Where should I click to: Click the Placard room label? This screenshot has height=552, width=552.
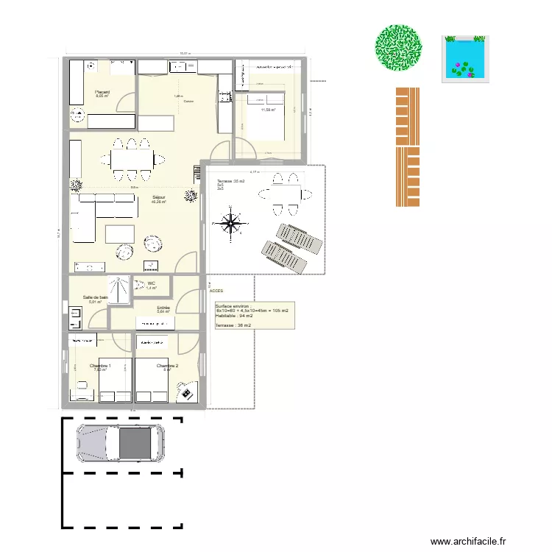(x=102, y=92)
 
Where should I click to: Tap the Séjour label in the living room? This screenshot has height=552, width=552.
(x=158, y=197)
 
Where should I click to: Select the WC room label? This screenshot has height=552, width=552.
(x=151, y=283)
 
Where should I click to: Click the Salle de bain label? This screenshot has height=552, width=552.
(x=96, y=297)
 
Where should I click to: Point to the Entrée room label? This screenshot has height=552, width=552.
(x=163, y=308)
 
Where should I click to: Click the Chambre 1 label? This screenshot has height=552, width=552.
(x=100, y=366)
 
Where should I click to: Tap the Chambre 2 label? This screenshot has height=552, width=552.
(x=167, y=366)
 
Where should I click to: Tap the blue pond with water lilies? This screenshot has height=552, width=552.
(x=464, y=58)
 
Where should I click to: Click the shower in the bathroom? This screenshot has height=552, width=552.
(x=118, y=289)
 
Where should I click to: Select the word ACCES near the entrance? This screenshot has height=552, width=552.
(x=216, y=291)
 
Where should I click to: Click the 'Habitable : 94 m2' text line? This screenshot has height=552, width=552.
(x=234, y=316)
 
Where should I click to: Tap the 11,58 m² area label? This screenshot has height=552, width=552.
(x=268, y=110)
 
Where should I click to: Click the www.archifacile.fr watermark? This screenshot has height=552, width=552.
(x=469, y=541)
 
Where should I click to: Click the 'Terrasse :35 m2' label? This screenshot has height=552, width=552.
(x=230, y=180)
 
